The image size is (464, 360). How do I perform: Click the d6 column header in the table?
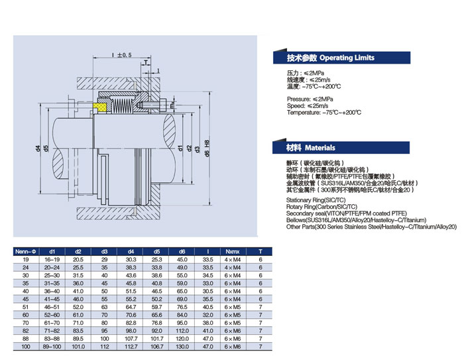coord(182,251)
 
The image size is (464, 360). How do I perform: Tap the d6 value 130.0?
coord(182,346)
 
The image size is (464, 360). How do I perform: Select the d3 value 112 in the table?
coord(104,346)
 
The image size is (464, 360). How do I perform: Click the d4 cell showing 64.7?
coord(130,307)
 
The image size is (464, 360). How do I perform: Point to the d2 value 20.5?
coord(78,259)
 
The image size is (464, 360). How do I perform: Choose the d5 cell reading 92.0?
coord(156,330)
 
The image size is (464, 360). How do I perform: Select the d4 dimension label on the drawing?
coord(38,147)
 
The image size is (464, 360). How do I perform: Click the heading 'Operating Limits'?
coord(347,58)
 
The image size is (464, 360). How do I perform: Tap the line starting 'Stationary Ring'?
coord(317,199)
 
